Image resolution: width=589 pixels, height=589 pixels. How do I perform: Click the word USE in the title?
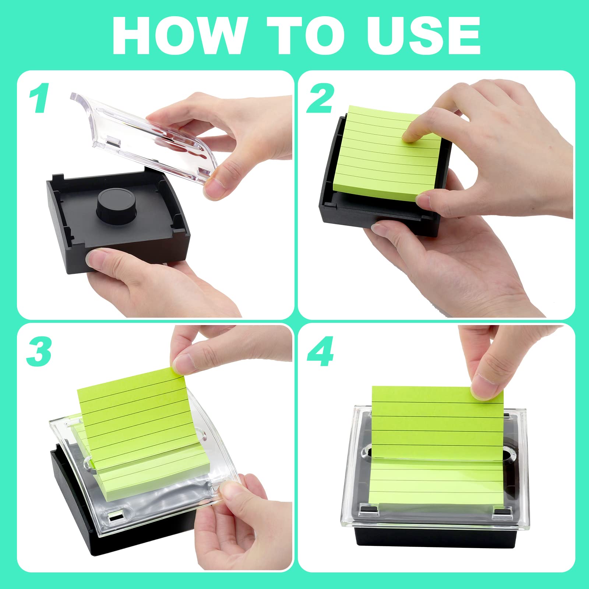click(423, 36)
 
